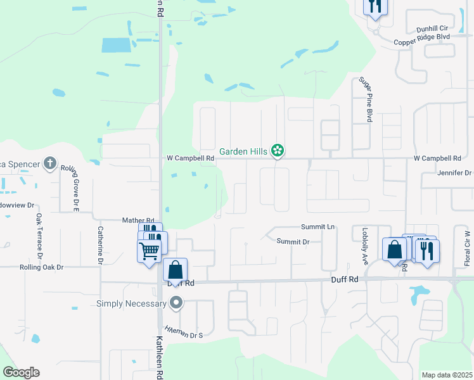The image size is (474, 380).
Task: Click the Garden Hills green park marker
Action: [x=277, y=151]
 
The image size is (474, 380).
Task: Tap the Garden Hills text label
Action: [x=243, y=151]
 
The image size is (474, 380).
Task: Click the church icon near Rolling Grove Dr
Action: [x=49, y=164]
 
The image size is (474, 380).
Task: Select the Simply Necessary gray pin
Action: [x=176, y=304]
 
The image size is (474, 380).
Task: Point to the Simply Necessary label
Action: [x=131, y=304]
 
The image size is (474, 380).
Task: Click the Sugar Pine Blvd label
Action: [x=366, y=98]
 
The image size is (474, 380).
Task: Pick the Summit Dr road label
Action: [x=293, y=241]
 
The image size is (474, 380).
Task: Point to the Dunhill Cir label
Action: [x=432, y=29]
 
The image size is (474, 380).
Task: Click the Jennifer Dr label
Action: [x=454, y=173]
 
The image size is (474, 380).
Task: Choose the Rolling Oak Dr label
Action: [x=42, y=267]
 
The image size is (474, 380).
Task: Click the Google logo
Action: [x=21, y=372]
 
